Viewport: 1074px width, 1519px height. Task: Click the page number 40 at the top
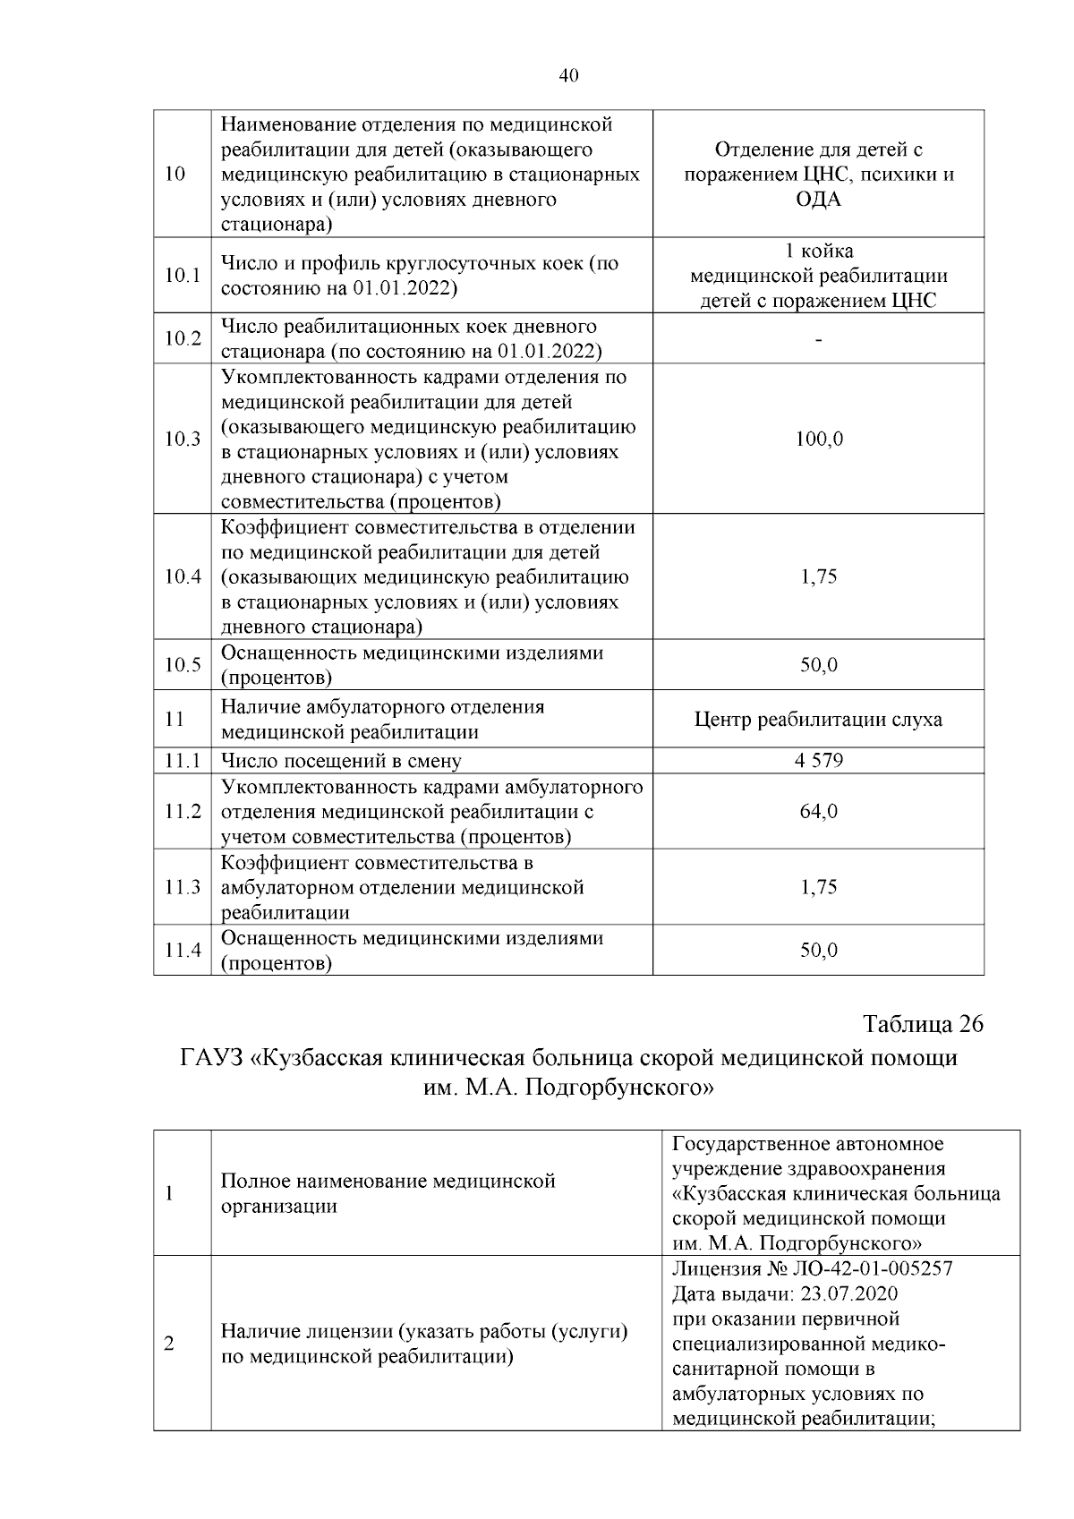pos(568,76)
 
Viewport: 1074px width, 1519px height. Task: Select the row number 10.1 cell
pos(182,276)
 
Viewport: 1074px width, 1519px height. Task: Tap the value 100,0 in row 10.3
pos(818,439)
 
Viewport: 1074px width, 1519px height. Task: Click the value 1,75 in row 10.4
pos(818,576)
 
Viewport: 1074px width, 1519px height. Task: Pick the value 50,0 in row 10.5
pos(818,665)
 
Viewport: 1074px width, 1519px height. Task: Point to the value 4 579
pos(818,761)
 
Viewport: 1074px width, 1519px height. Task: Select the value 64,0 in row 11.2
pos(818,812)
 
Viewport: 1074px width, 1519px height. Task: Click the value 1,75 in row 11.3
pos(818,887)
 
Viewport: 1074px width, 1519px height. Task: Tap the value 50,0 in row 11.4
pos(818,950)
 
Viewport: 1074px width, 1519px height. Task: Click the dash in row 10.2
pos(818,339)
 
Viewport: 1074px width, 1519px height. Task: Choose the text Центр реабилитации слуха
pos(818,720)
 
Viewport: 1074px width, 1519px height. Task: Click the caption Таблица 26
pos(923,1024)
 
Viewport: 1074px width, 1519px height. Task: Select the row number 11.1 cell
pos(182,761)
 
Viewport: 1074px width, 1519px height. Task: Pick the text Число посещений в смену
pos(341,762)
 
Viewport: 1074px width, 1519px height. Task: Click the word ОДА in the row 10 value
pos(818,199)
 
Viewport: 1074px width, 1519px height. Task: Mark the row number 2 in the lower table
pos(170,1344)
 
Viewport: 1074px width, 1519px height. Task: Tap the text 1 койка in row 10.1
pos(818,251)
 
